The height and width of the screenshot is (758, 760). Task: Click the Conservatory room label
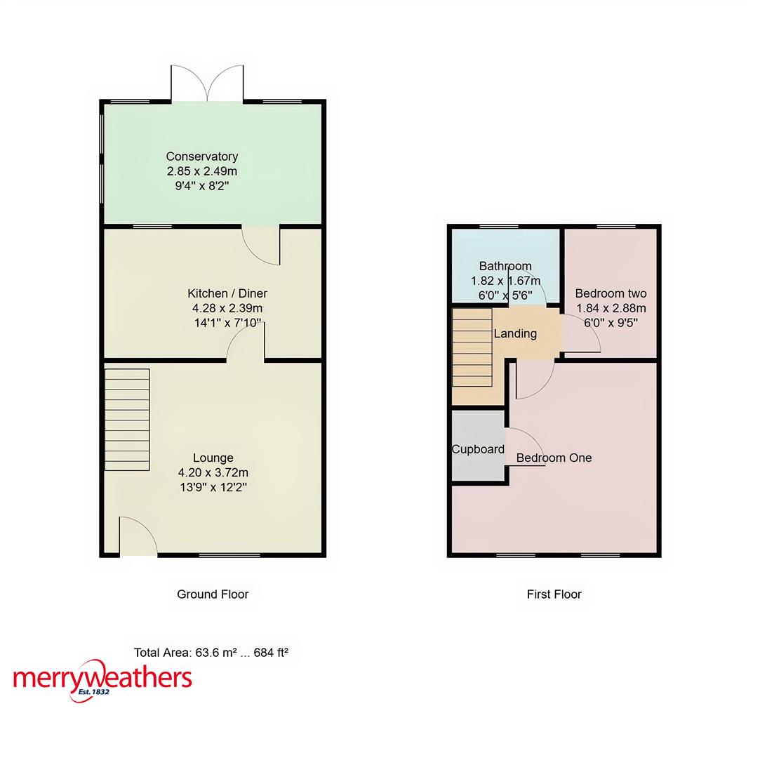pos(201,157)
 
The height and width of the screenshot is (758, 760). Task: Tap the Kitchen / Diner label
pos(227,293)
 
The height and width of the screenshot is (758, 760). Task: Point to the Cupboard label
pos(478,449)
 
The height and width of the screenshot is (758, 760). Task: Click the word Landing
pos(515,334)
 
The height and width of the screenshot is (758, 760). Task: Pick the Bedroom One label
pos(554,458)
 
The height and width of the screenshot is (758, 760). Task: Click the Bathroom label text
pos(505,266)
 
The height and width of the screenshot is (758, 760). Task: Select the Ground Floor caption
pos(213,594)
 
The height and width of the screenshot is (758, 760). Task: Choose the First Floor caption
pos(554,594)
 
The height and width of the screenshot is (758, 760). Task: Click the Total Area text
pos(211,652)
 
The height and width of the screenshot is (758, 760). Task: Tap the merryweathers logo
pos(102,679)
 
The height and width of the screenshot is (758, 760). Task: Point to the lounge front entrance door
pos(138,538)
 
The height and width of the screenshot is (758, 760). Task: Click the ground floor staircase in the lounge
pos(127,419)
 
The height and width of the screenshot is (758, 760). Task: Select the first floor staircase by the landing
pos(472,347)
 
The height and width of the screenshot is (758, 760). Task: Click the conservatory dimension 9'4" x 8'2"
pos(201,186)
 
